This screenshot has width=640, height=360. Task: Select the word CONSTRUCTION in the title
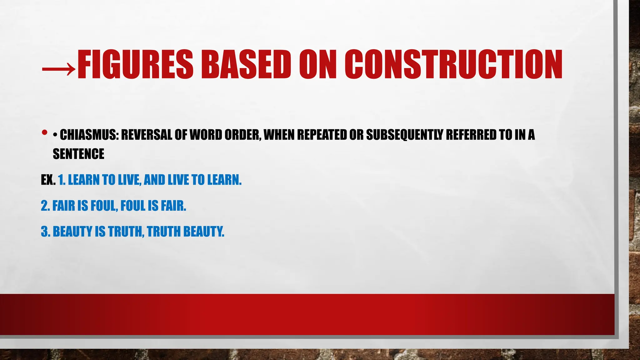453,64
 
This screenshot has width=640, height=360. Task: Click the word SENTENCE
78,154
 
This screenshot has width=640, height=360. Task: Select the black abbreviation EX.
48,180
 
